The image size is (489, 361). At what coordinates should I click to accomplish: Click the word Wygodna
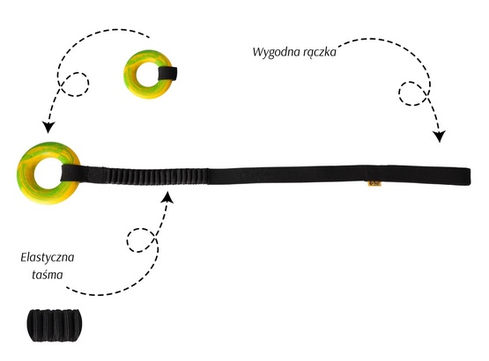click(271, 52)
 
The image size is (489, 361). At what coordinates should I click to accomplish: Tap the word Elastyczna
click(48, 258)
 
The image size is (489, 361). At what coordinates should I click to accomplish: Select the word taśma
click(48, 275)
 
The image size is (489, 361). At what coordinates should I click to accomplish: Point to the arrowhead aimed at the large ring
click(48, 127)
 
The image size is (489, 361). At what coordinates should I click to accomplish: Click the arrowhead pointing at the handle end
click(439, 136)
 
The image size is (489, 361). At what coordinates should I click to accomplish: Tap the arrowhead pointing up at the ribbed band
click(168, 197)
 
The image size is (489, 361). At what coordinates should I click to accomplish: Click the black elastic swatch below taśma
click(53, 325)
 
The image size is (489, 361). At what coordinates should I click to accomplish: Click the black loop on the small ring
click(167, 74)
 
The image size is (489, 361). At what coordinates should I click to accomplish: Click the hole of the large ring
click(48, 173)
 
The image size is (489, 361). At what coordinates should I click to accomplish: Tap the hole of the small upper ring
click(148, 74)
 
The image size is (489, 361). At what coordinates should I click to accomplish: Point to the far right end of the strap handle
click(470, 176)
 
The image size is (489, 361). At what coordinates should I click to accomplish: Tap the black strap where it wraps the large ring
click(70, 173)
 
